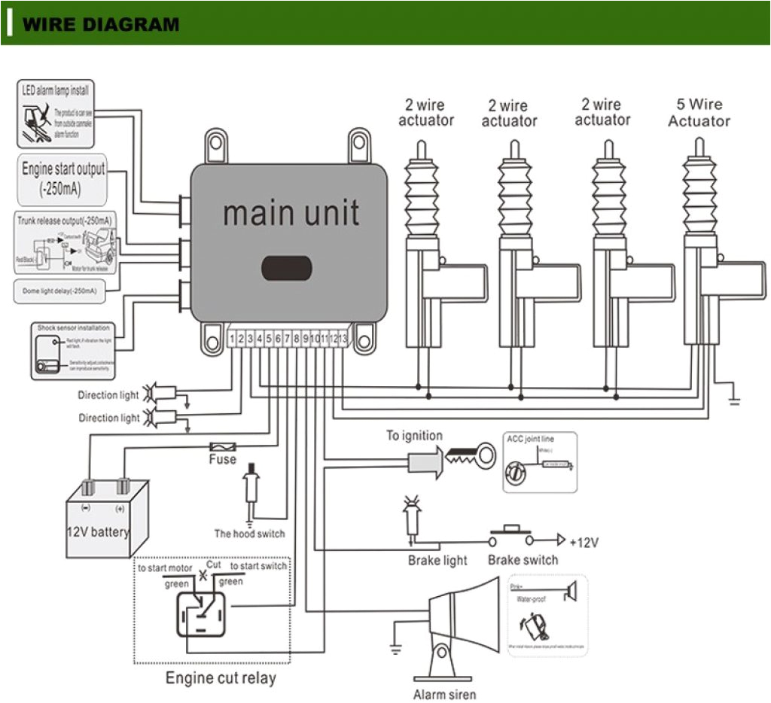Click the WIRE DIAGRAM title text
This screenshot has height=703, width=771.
(101, 24)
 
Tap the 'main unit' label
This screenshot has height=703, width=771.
(291, 213)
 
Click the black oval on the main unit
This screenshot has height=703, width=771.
(286, 267)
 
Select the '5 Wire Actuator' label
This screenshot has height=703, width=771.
(699, 113)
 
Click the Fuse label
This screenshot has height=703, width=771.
(222, 459)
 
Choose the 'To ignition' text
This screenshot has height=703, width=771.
(414, 436)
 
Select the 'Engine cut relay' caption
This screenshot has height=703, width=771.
(221, 678)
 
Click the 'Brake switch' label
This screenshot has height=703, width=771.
(523, 560)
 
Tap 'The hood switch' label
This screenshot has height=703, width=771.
(249, 534)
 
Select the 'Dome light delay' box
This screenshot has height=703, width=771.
(66, 290)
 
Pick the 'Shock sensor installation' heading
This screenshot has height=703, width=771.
(73, 328)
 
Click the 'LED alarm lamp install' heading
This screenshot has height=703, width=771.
(55, 90)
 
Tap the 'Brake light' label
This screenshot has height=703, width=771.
(437, 560)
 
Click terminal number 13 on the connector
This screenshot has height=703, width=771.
(343, 339)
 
